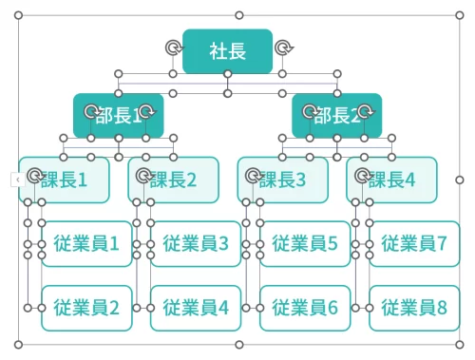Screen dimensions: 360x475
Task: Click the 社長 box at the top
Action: click(x=227, y=51)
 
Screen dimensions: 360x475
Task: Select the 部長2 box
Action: click(x=337, y=116)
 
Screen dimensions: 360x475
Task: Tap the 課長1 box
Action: click(x=65, y=180)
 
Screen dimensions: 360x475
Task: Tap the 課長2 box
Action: click(x=174, y=180)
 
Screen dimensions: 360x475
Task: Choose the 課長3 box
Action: click(x=283, y=180)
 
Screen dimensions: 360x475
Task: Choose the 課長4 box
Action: click(x=392, y=180)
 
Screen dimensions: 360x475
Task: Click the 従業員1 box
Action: click(x=86, y=244)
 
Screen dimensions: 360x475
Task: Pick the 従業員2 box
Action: click(x=86, y=308)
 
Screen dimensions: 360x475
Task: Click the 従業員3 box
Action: click(x=196, y=244)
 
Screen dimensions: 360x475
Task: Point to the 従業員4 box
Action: click(x=196, y=308)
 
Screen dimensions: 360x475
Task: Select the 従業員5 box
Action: click(x=305, y=244)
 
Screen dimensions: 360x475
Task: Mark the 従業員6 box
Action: click(x=305, y=308)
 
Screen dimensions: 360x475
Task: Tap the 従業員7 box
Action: click(x=414, y=244)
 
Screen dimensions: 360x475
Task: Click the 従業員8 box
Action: click(x=414, y=308)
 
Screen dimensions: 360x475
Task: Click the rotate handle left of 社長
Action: click(x=172, y=48)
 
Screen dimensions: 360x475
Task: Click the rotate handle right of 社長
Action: click(x=283, y=48)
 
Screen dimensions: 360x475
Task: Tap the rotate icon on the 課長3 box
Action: click(x=253, y=176)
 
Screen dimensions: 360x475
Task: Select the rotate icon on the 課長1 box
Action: click(x=34, y=176)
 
